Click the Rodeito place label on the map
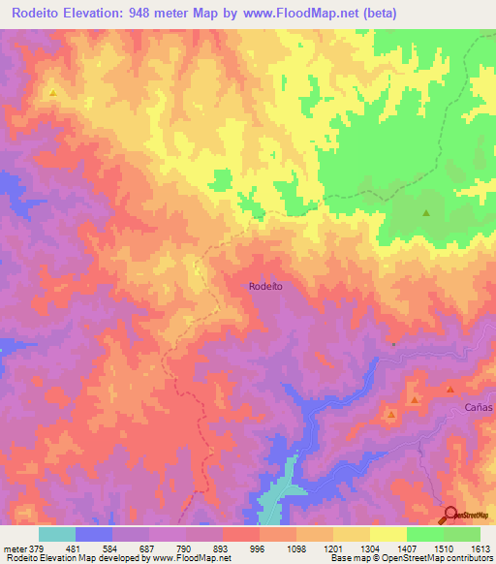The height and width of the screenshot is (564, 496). [x=264, y=286]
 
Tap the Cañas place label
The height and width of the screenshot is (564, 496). [x=478, y=408]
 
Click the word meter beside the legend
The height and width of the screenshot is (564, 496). [x=14, y=549]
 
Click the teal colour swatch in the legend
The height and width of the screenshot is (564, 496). [x=57, y=534]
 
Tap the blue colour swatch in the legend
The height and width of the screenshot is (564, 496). [x=94, y=534]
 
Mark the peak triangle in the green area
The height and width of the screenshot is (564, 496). [x=426, y=212]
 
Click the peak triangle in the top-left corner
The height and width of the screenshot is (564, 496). [x=52, y=93]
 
